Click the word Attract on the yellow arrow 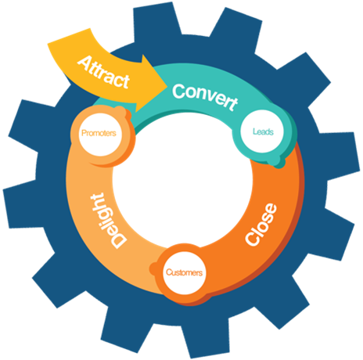[x=103, y=72]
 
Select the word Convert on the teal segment [x=205, y=97]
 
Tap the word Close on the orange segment [x=261, y=225]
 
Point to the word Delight [x=108, y=221]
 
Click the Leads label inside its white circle [x=263, y=131]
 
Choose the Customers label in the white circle [x=184, y=272]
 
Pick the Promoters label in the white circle [x=99, y=133]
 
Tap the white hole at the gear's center [x=182, y=182]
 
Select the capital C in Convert [x=179, y=92]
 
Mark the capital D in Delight [x=119, y=240]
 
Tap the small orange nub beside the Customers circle [x=154, y=268]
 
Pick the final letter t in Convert [x=233, y=103]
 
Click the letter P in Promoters [x=84, y=133]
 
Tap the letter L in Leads [x=254, y=131]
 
